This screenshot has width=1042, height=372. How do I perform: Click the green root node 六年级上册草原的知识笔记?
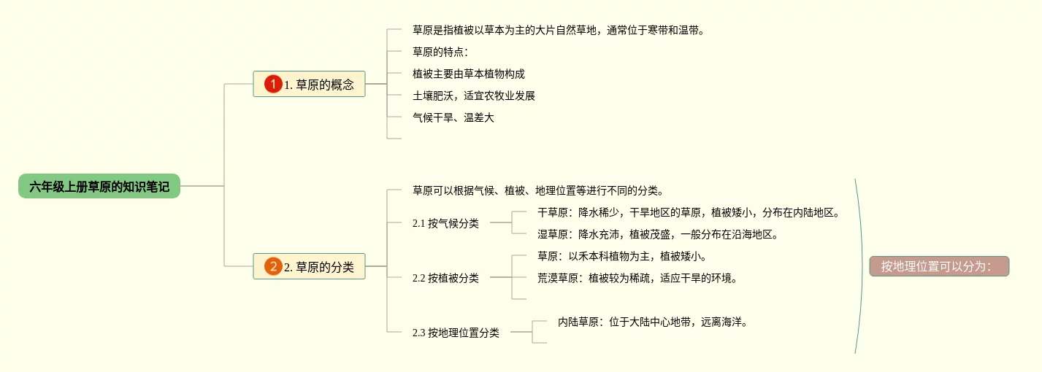pyautogui.click(x=99, y=186)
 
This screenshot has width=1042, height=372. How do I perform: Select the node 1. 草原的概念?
pyautogui.click(x=309, y=84)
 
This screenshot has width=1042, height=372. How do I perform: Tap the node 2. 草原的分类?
pyautogui.click(x=309, y=266)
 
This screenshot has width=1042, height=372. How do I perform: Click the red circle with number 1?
pyautogui.click(x=273, y=84)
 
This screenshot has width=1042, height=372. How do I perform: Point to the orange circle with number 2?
pyautogui.click(x=273, y=266)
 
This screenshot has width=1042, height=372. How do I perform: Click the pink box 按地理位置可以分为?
pyautogui.click(x=939, y=266)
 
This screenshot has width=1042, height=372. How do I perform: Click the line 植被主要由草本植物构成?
pyautogui.click(x=469, y=74)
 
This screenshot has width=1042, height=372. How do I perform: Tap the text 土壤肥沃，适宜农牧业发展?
pyautogui.click(x=474, y=96)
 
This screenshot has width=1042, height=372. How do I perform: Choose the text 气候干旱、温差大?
pyautogui.click(x=453, y=117)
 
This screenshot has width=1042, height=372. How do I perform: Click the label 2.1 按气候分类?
pyautogui.click(x=445, y=223)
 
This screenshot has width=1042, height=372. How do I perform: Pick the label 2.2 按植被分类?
pyautogui.click(x=445, y=278)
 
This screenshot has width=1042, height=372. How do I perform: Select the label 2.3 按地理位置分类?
pyautogui.click(x=456, y=333)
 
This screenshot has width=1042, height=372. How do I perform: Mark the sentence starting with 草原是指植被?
pyautogui.click(x=559, y=30)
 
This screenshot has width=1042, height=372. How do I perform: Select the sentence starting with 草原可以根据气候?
pyautogui.click(x=538, y=190)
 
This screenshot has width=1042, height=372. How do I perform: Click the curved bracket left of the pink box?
pyautogui.click(x=862, y=266)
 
